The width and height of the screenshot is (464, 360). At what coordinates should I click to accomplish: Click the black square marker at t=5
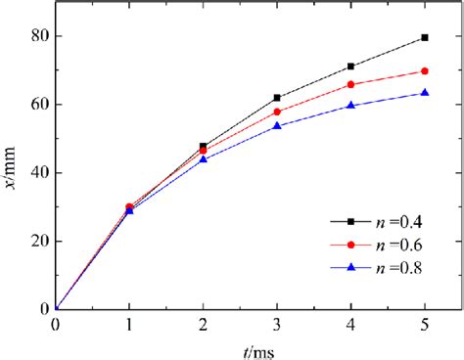coord(424,37)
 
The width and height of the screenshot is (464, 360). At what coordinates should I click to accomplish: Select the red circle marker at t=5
coord(424,70)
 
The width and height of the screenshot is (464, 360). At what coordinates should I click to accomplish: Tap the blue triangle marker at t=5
coord(424,93)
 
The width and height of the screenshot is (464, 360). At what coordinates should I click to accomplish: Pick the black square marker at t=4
coord(350,67)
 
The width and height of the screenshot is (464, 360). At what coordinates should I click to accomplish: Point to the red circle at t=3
coord(277,112)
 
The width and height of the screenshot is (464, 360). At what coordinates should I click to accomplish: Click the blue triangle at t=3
coord(277,126)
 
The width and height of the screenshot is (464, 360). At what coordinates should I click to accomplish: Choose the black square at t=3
coord(277,98)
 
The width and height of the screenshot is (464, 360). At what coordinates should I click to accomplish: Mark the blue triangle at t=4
coord(350,105)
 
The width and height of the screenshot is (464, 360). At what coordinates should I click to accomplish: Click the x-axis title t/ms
coord(241,348)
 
